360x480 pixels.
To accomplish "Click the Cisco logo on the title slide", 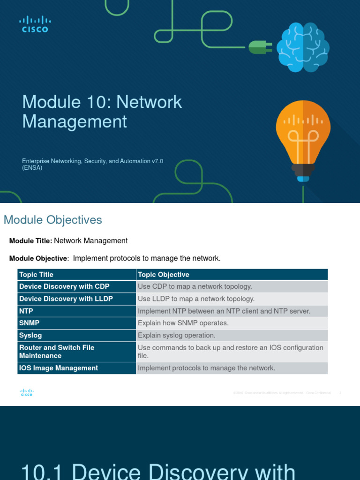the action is [x=35, y=24].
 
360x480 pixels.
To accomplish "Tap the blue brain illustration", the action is [x=303, y=48].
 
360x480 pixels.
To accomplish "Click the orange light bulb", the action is [x=303, y=137].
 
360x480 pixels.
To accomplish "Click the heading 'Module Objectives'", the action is [x=52, y=220].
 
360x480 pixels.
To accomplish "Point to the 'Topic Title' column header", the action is [x=36, y=275].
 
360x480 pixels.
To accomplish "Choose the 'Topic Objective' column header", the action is [x=164, y=275].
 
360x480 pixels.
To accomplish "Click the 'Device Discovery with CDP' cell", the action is [x=64, y=286].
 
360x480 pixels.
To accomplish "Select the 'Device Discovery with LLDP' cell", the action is [x=66, y=299].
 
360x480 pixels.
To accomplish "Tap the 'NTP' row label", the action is [x=26, y=311].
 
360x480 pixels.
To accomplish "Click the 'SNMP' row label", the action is [x=30, y=323].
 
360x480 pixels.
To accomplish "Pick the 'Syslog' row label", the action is [x=30, y=335].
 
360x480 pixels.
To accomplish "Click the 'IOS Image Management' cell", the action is [x=59, y=368].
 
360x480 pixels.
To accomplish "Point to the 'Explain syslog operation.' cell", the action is [x=177, y=335].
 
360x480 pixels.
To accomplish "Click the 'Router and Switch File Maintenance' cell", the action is [x=57, y=352].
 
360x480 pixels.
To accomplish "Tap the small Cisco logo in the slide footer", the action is [x=27, y=393].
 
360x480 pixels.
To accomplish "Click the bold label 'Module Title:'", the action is [x=30, y=241].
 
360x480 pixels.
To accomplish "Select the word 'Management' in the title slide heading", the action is [x=75, y=121].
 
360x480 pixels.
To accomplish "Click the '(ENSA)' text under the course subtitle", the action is [x=32, y=168].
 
